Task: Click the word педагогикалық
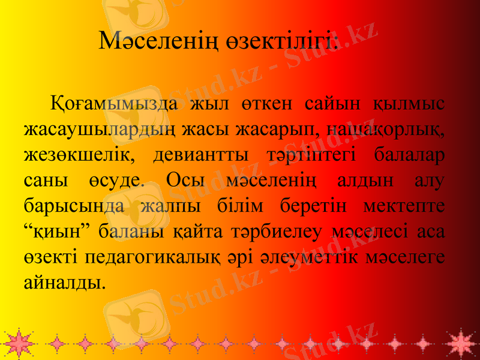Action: (154, 254)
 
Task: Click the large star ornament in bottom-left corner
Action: (18, 343)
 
